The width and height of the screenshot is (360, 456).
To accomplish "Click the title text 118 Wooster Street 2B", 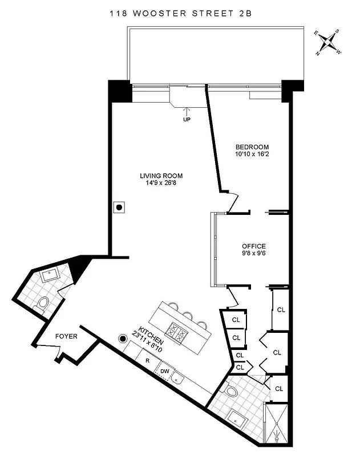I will pos(180,13).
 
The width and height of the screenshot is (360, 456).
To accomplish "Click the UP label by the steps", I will pos(187,120).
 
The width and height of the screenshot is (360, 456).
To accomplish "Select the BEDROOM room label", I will pos(252,146).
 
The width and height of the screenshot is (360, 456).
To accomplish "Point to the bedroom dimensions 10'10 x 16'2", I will pos(252,154).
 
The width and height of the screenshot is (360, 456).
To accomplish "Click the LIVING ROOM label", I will pos(161,176).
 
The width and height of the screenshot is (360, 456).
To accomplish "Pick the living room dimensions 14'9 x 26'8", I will pos(161,183).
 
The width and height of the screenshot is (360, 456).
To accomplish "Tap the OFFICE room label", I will pos(253,246).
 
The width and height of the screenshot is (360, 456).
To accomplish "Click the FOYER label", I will pos(66,336).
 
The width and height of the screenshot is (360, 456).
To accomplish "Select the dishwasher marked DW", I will pos(165,372).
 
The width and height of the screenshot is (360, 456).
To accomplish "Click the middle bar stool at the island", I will pos(187,315).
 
